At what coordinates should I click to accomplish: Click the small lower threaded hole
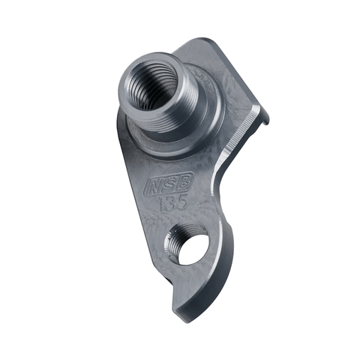tap(191, 245)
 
